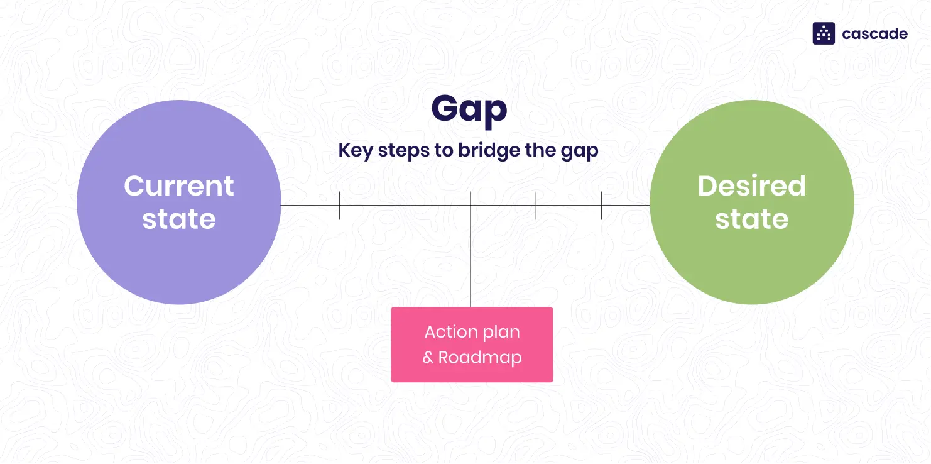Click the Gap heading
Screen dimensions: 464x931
[469, 110]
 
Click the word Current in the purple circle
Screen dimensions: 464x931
[179, 186]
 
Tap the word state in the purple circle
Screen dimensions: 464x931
[179, 219]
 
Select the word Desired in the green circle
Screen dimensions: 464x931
[751, 186]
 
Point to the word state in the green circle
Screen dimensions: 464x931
[751, 219]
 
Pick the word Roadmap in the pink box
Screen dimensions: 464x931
[480, 358]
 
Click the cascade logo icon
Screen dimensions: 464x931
[824, 33]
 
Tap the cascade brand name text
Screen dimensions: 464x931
[874, 34]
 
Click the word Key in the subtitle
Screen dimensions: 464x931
[352, 151]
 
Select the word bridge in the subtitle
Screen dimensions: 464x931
[483, 151]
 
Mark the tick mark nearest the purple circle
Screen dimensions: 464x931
[339, 206]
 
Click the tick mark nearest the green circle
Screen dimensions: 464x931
[601, 206]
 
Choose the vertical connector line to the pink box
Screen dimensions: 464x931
[471, 264]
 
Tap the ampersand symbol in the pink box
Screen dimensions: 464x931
[428, 358]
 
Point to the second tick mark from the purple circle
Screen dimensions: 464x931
[405, 206]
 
